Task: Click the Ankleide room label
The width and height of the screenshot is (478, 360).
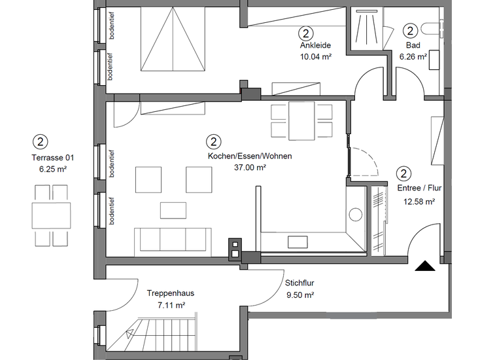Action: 316,45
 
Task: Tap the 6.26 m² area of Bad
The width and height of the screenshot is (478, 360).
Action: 413,56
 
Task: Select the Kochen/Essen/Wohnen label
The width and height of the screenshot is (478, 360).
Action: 250,156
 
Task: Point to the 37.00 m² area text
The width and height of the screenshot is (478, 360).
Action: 250,168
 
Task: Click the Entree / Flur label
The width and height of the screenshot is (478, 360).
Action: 419,188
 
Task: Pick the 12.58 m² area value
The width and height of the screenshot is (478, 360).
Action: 420,202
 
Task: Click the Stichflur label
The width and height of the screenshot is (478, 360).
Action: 299,283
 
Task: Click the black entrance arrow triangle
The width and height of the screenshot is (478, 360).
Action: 425,266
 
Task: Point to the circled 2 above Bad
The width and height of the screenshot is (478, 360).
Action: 410,30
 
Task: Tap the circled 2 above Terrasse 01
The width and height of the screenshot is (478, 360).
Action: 41,141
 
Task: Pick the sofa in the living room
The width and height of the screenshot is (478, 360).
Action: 173,240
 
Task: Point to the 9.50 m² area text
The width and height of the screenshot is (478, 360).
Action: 299,295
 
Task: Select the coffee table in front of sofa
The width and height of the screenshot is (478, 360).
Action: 173,210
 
